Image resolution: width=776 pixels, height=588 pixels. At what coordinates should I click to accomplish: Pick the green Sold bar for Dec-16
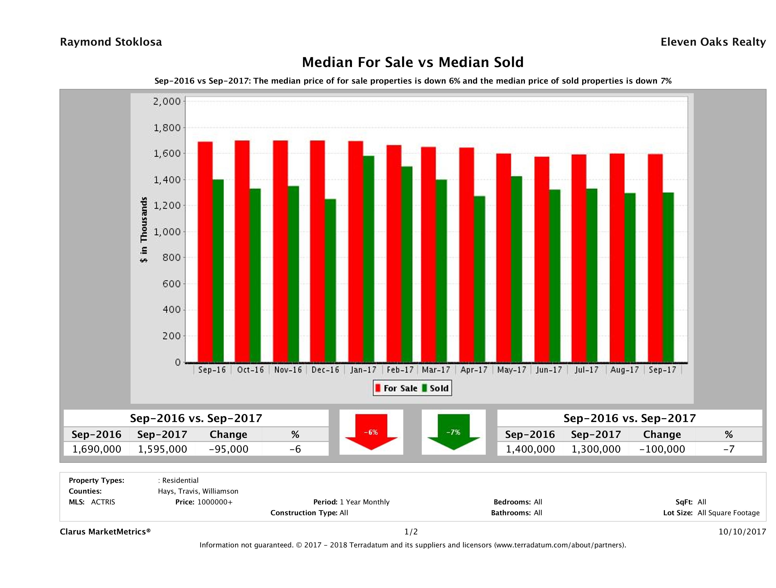(x=330, y=280)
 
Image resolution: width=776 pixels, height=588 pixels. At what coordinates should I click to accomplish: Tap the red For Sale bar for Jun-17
(x=542, y=259)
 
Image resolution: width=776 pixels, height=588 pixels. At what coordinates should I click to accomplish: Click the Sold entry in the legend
(x=435, y=388)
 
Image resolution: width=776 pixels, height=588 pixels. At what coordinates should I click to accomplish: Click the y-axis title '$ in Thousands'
(x=144, y=230)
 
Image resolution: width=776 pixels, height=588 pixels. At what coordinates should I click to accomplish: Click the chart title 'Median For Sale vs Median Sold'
(x=413, y=62)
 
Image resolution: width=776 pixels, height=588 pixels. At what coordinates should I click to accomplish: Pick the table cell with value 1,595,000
(x=162, y=449)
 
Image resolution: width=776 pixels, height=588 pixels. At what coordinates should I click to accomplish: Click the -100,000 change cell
(x=662, y=449)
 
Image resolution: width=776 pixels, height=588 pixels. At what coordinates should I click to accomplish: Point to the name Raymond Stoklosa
(x=111, y=42)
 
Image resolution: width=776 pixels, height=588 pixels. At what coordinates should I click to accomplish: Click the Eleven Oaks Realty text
(x=713, y=42)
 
